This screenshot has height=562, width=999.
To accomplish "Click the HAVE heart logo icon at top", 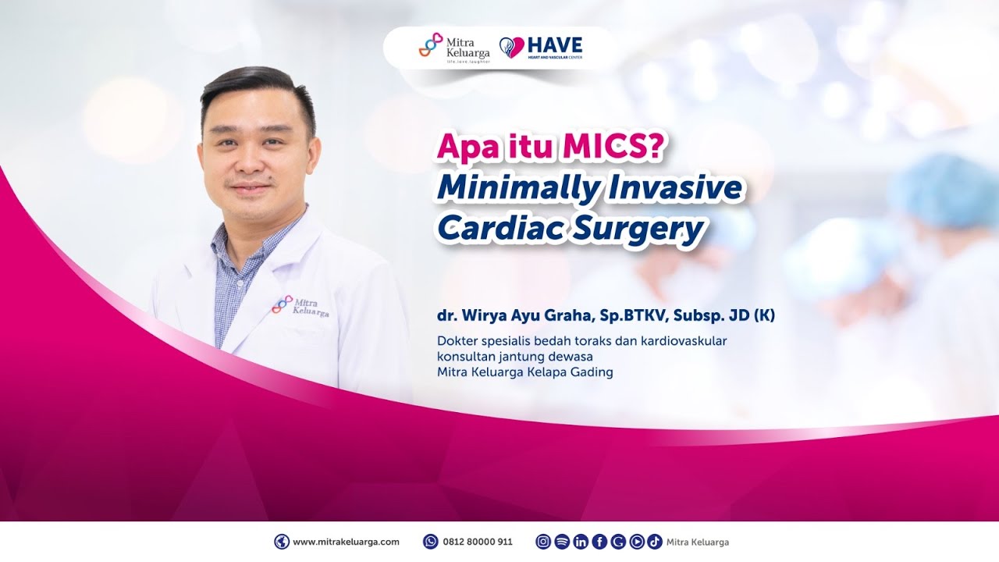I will tap(511, 48).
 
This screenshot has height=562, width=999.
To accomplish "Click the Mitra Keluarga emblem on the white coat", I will tap(282, 304).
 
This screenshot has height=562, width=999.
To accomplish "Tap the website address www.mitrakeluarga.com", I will tap(346, 542).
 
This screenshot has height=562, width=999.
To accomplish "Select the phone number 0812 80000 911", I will tap(478, 542).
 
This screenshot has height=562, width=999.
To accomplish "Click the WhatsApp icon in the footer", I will tap(430, 542).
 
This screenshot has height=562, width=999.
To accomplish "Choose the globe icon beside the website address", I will tap(282, 542).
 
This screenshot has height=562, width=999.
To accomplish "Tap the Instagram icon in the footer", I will tap(543, 542).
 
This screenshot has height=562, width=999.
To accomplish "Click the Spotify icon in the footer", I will tap(562, 542).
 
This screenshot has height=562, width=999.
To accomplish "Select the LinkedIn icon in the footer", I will tap(581, 542).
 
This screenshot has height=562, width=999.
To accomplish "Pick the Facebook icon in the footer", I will tap(599, 542).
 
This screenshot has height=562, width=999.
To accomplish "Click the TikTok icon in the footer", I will tap(655, 542).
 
